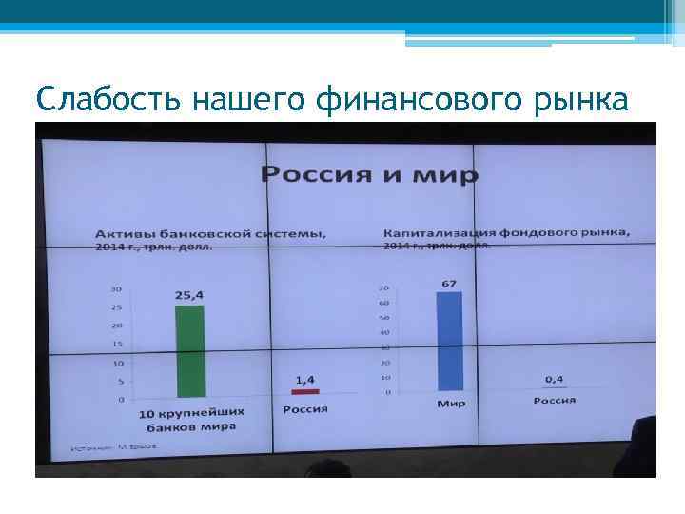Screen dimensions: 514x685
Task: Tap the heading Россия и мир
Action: coord(370,174)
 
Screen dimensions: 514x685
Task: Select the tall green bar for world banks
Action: coord(189,350)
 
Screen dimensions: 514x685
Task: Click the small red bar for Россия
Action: coord(305,391)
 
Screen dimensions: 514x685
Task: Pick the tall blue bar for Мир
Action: coord(449,341)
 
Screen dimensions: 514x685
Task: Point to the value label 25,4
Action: coord(190,295)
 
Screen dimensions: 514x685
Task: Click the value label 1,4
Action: coord(305,378)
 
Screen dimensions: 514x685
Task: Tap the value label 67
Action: coord(450,282)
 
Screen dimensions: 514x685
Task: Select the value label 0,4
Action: coord(554,378)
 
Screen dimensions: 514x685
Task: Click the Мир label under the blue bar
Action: coord(450,404)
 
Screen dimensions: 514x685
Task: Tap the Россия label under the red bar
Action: coord(305,409)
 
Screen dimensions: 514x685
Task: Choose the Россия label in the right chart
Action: coord(554,401)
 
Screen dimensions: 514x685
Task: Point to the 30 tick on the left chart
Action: coord(116,288)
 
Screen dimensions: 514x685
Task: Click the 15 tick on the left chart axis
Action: coord(117,345)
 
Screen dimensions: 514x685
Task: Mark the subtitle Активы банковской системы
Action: coord(210,234)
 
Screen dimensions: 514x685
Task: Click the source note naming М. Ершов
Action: coord(105,447)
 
